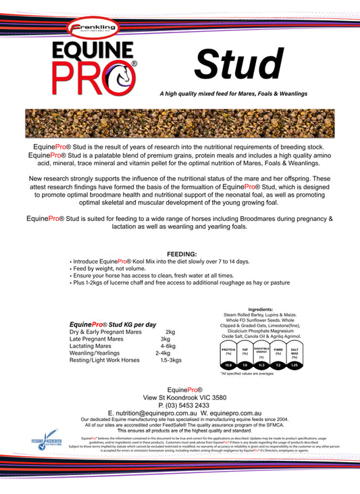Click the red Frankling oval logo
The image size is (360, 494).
point(93,28)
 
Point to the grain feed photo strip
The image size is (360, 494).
point(180,123)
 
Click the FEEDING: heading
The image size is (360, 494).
point(180,253)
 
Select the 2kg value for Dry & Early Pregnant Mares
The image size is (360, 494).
point(170,332)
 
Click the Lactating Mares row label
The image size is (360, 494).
point(91,346)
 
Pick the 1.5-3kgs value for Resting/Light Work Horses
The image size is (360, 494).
point(172,360)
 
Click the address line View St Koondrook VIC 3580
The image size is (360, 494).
point(180,398)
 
